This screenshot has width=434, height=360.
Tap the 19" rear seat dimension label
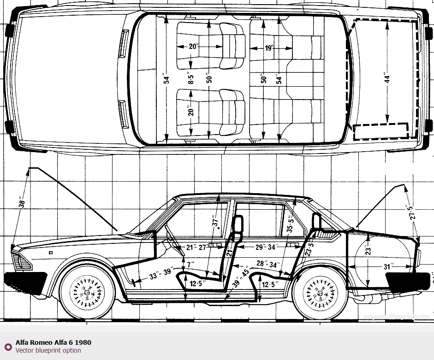269,47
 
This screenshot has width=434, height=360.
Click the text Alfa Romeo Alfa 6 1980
53,342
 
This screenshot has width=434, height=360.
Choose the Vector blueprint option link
48,350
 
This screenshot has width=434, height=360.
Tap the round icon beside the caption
8,347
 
